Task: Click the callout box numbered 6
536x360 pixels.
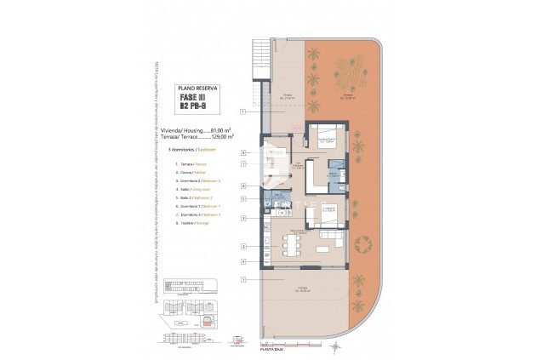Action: point(243,153)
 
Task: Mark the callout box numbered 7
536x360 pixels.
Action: point(243,163)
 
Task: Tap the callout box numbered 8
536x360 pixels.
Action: point(243,186)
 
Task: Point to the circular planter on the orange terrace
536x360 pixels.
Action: point(362,245)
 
